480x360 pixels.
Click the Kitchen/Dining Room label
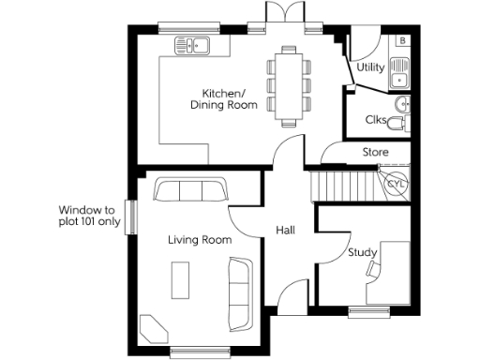(223, 99)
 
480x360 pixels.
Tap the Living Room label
(200, 241)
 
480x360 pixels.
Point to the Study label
(362, 252)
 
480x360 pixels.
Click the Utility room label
(370, 67)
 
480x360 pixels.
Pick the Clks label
(377, 119)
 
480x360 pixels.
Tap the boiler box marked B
(402, 41)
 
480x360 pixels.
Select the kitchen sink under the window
(194, 44)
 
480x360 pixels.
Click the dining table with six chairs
(288, 86)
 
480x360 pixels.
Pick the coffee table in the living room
(179, 278)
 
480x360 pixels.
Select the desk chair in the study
(374, 269)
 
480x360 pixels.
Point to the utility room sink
(401, 67)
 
